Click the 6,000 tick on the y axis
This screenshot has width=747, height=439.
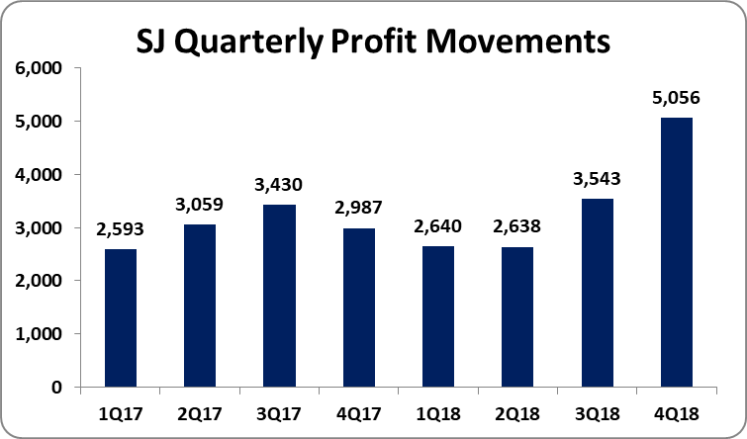38,68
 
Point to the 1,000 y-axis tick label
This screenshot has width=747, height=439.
38,334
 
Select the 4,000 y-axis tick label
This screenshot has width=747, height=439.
38,175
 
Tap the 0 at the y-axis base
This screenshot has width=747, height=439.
55,388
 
